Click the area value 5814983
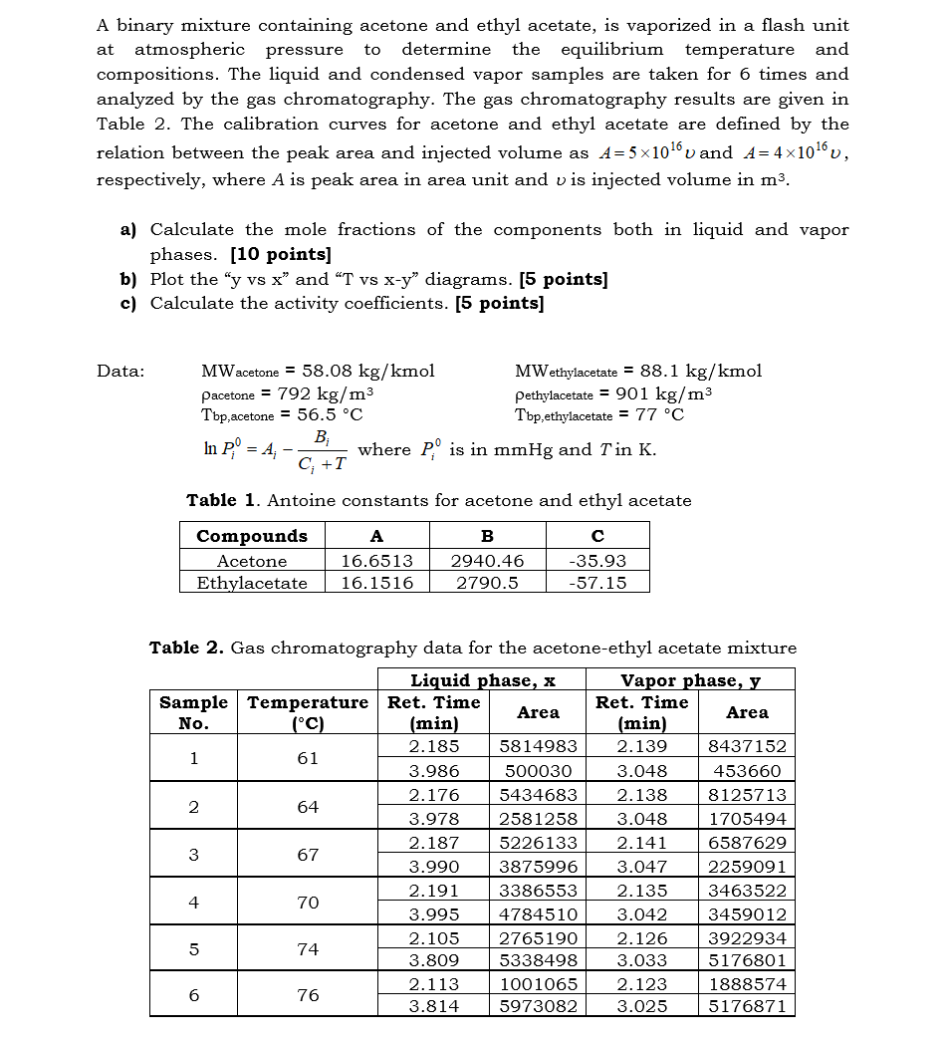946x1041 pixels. pyautogui.click(x=538, y=746)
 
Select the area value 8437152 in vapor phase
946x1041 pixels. pyautogui.click(x=747, y=746)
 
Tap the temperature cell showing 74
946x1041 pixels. pyautogui.click(x=308, y=949)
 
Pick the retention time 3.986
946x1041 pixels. pyautogui.click(x=434, y=771)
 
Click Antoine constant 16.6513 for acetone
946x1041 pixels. pyautogui.click(x=376, y=561)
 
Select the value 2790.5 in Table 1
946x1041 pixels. pyautogui.click(x=487, y=583)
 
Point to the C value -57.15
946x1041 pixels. pyautogui.click(x=597, y=583)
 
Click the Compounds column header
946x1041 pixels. pyautogui.click(x=252, y=536)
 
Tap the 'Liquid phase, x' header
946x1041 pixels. pyautogui.click(x=483, y=680)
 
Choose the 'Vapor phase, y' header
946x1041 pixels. pyautogui.click(x=691, y=680)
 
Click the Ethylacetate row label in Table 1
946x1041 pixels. pyautogui.click(x=252, y=583)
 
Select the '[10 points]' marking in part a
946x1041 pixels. pyautogui.click(x=281, y=254)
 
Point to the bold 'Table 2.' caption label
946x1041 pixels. pyautogui.click(x=186, y=649)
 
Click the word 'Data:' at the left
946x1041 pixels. pyautogui.click(x=120, y=371)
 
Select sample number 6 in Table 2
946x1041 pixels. pyautogui.click(x=193, y=995)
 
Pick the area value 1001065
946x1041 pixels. pyautogui.click(x=538, y=984)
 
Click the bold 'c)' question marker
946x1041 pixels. pyautogui.click(x=128, y=304)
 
